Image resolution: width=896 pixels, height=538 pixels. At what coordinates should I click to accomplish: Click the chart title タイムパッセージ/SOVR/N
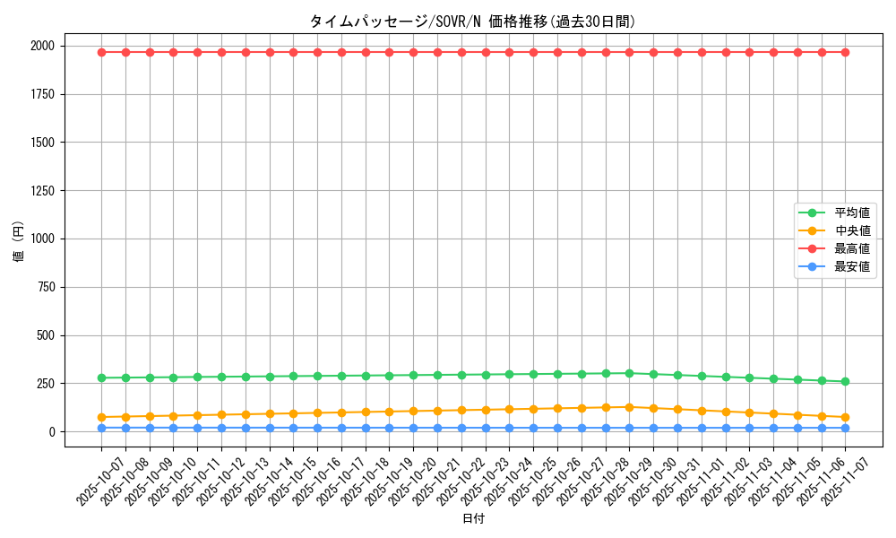(472, 22)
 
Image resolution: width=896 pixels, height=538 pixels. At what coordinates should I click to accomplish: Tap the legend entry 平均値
(852, 213)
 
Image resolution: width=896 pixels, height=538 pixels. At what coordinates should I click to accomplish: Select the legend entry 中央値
(852, 231)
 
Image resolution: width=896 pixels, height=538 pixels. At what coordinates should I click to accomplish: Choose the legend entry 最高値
(852, 249)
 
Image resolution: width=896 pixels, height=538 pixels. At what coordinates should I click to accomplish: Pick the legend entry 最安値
(852, 267)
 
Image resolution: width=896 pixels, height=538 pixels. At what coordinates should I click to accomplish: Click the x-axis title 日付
(473, 519)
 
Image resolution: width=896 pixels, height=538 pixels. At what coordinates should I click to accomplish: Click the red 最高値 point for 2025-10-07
(101, 52)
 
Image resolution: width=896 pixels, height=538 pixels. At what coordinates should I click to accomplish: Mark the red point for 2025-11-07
(845, 52)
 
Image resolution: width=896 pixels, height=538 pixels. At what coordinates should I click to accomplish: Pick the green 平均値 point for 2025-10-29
(629, 373)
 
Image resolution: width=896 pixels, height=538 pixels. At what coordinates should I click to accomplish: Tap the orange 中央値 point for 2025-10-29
(629, 407)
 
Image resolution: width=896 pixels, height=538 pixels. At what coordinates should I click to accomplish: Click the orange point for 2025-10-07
(101, 417)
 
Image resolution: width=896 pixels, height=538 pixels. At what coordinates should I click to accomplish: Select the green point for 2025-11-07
(845, 381)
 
